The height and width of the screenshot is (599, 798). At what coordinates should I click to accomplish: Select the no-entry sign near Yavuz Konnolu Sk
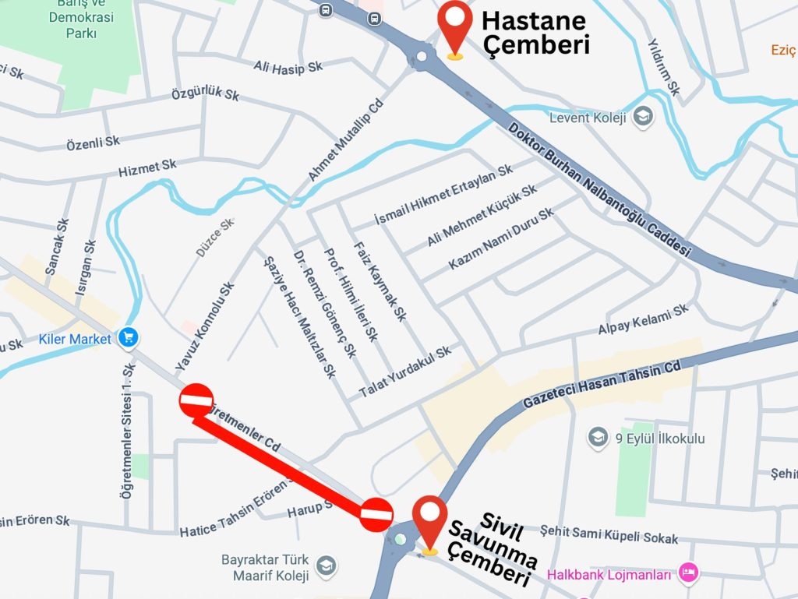click(x=196, y=400)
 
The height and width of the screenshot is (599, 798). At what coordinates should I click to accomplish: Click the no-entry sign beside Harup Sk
click(x=376, y=514)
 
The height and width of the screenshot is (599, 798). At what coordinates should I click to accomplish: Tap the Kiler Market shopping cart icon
click(x=128, y=338)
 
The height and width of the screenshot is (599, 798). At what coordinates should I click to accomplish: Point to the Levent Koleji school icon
click(x=643, y=118)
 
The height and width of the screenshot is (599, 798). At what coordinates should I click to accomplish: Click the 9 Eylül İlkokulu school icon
click(x=598, y=438)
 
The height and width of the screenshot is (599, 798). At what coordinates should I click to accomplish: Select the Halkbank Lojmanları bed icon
click(x=688, y=574)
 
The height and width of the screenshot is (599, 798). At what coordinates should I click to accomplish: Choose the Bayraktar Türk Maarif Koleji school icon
click(x=327, y=566)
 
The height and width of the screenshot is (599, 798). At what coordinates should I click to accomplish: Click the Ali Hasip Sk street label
click(x=288, y=68)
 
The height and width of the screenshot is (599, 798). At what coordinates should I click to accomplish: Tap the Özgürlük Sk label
click(x=205, y=95)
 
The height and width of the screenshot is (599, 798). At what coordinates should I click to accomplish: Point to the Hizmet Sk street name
click(x=147, y=167)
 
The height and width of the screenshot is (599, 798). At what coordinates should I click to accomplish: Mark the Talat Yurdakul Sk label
click(x=404, y=372)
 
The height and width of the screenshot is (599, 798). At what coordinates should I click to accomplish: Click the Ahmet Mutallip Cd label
click(x=346, y=141)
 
